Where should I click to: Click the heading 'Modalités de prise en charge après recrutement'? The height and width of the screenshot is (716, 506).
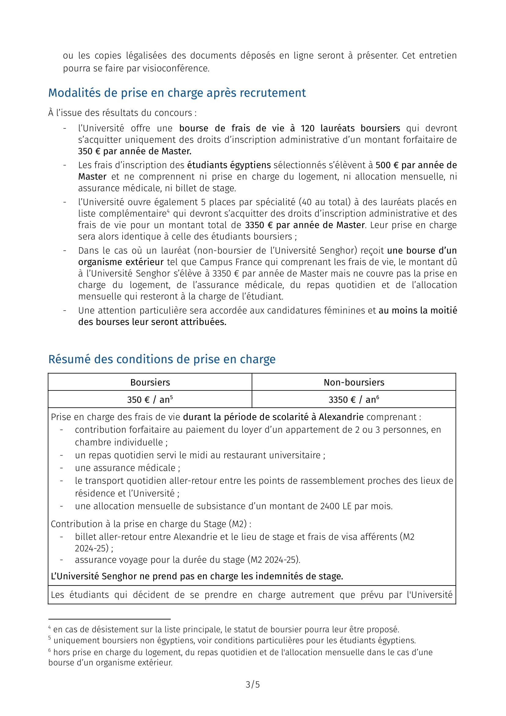tap(177, 93)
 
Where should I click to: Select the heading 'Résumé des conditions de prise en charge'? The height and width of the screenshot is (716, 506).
tap(162, 359)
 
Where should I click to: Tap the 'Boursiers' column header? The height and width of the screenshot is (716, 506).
tap(150, 382)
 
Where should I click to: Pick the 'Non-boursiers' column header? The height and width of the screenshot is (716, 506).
tap(354, 382)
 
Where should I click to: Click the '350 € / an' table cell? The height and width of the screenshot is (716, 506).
tap(150, 400)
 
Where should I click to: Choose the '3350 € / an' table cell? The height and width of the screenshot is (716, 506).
tap(354, 400)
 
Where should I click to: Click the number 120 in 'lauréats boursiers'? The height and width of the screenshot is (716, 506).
tap(307, 128)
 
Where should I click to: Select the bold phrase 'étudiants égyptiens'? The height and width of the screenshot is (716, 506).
tap(229, 165)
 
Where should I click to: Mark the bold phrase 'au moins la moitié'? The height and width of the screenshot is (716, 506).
tap(418, 310)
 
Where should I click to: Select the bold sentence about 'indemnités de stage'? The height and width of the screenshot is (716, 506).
tap(197, 576)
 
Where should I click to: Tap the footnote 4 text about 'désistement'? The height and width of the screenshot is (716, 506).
tap(226, 629)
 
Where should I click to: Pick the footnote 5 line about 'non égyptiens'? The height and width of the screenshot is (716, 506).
tap(234, 640)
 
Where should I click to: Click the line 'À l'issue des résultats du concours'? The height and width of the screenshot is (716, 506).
tap(122, 113)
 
